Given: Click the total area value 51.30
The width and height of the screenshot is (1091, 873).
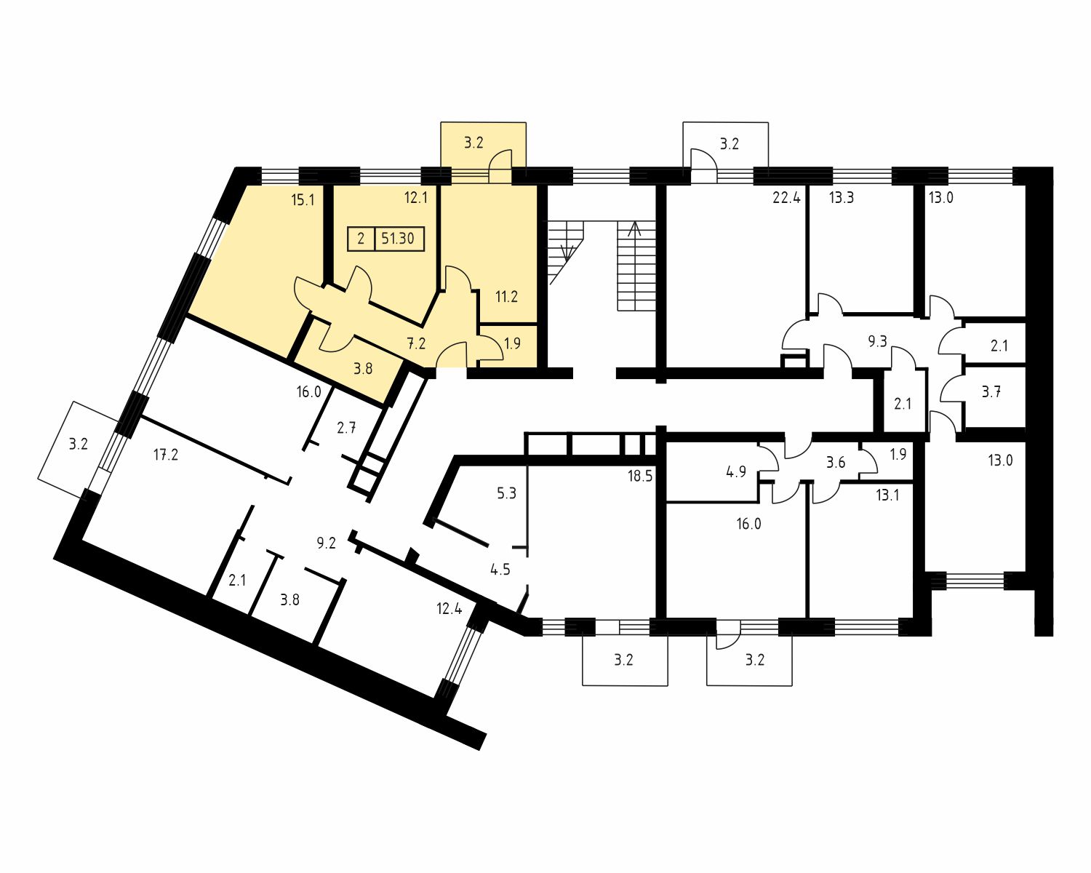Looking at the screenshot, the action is coord(397,239).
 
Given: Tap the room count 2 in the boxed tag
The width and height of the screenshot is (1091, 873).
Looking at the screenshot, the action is coord(361,239).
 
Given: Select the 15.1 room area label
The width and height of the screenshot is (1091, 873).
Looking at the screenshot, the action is coord(303,200).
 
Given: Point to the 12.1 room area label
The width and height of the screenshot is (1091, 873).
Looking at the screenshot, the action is coord(416,197).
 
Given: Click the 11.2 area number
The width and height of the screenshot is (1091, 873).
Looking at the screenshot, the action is coord(506,296).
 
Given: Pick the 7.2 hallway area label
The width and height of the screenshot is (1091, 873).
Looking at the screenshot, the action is coord(416,343).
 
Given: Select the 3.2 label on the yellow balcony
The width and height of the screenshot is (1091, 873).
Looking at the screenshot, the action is coord(473,143).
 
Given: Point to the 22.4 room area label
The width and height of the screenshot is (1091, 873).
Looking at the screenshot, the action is coord(786,197).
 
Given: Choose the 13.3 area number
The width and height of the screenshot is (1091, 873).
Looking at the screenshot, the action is coord(841,197).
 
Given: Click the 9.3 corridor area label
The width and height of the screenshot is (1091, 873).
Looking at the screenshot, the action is coord(877,341).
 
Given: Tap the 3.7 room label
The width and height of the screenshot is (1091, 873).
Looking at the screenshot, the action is coord(991,391).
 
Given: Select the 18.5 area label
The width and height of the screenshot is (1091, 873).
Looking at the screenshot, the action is coord(640,476).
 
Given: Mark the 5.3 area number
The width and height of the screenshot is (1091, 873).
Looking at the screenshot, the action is coord(506,493).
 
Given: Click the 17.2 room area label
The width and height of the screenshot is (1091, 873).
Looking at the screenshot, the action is coord(166,455).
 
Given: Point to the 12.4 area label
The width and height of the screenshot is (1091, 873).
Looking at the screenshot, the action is coord(449,608).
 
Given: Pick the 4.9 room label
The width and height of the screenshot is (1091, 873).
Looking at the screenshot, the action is coord(735,471).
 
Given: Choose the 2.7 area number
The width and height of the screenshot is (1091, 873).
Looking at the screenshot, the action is coord(346,428).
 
